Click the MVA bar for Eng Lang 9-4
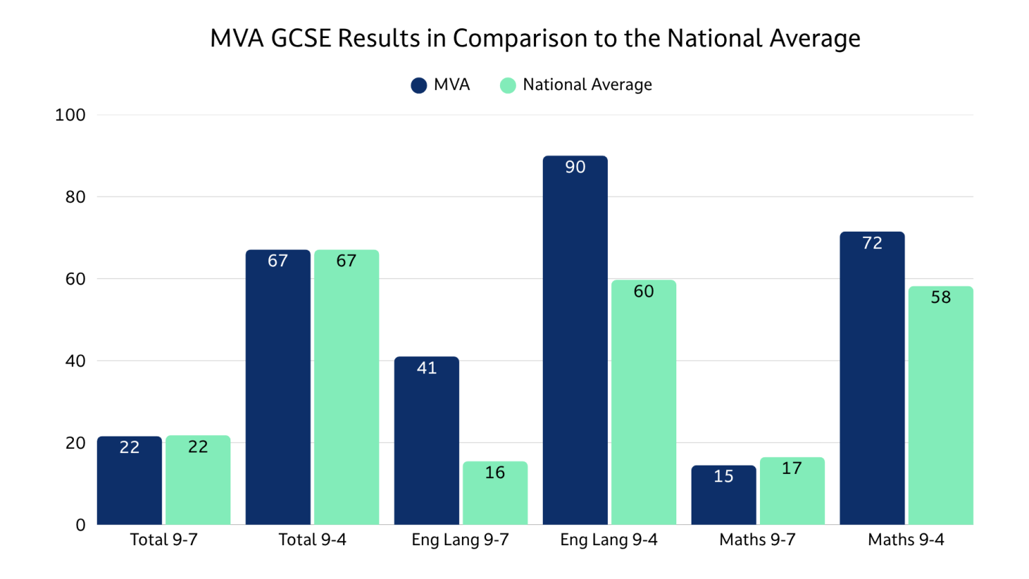coord(575,340)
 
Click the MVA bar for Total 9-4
coord(278,387)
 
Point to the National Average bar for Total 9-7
coord(198,480)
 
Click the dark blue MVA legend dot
coord(419,85)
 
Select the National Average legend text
coord(587,84)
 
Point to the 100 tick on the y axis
coord(71,115)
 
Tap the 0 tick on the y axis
coord(81,525)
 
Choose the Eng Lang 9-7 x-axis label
coord(460,540)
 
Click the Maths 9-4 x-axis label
coord(906,540)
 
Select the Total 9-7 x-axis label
coord(164,540)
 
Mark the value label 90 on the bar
coord(575,167)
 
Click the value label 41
coord(427,368)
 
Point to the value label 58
coord(940,297)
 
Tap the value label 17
coord(792,468)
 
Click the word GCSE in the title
coord(302,38)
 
